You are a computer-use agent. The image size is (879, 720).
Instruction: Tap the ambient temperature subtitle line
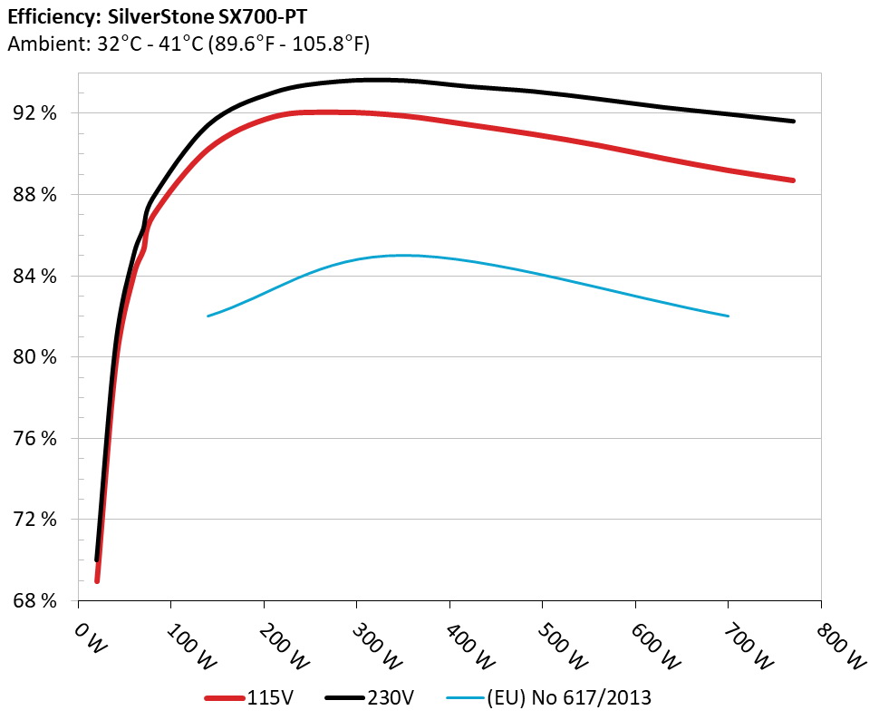pos(188,44)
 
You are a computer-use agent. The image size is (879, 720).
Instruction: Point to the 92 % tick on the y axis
pos(34,113)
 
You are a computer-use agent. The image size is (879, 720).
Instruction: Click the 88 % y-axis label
pos(34,195)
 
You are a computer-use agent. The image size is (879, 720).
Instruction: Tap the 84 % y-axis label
pos(34,276)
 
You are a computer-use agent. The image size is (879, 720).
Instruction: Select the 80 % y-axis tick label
pos(34,357)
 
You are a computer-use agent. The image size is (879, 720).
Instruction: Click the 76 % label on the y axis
pos(34,438)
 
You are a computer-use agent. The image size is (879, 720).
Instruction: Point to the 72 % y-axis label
pos(34,520)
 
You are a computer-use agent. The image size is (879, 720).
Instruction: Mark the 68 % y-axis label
pos(34,601)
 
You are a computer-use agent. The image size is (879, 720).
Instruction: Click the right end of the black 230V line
pos(793,121)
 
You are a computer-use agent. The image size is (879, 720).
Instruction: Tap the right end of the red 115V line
pos(793,180)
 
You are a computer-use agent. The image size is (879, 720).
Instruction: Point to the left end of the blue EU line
pos(208,316)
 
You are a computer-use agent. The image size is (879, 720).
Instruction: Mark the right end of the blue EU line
pos(728,316)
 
